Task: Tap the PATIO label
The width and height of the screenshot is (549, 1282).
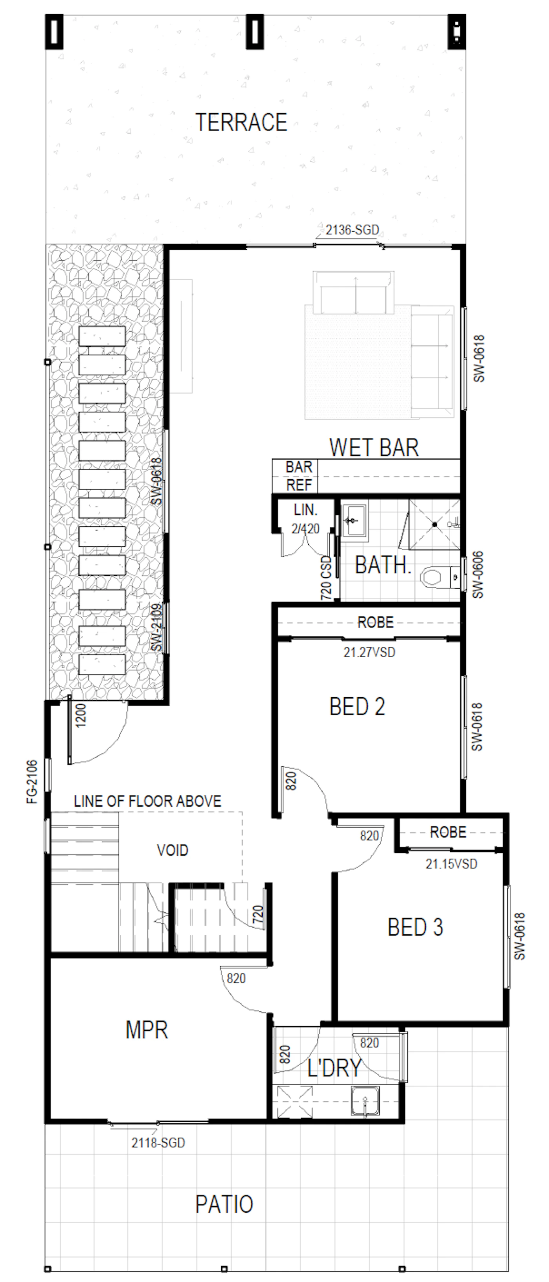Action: pos(224,1204)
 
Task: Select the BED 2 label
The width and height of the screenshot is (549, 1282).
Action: pos(357,706)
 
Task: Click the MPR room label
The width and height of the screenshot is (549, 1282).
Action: pos(147,1030)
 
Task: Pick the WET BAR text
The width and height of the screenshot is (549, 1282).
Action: pos(374,448)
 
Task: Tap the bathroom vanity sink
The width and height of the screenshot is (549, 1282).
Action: pos(353,520)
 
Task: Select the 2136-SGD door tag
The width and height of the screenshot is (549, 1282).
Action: pos(353,230)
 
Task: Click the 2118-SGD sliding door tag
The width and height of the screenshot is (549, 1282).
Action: pos(158,1142)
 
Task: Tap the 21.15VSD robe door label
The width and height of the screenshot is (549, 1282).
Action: pos(451,863)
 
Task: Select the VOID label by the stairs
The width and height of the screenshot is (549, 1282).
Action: pos(173,850)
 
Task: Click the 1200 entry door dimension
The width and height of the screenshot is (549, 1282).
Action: pos(81,715)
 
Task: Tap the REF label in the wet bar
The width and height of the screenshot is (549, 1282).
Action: pos(299,485)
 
